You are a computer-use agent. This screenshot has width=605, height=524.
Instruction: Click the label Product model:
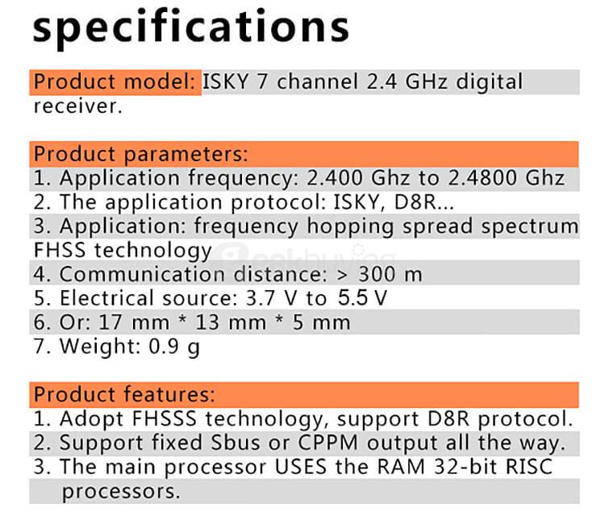(116, 82)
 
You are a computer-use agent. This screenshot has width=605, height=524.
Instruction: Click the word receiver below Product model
(77, 106)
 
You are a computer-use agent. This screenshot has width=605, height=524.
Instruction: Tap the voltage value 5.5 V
(362, 298)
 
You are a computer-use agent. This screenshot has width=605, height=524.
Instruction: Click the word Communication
(140, 274)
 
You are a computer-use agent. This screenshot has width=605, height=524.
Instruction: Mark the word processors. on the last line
(121, 491)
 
